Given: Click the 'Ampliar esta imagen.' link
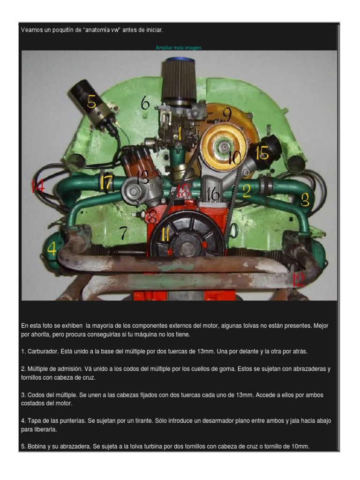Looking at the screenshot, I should [179, 48].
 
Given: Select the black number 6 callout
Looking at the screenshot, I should [145, 103].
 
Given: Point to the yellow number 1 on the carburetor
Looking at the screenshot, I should [180, 133].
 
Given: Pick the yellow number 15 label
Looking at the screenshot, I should [262, 153].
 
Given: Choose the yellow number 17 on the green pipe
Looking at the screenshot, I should [106, 183].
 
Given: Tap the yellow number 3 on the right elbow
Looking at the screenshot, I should [305, 201].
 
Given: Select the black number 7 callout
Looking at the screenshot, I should [123, 233].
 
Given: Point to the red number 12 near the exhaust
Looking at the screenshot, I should [298, 280].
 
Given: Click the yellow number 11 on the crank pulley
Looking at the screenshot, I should [165, 234].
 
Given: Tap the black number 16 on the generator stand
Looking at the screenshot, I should [213, 194].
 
